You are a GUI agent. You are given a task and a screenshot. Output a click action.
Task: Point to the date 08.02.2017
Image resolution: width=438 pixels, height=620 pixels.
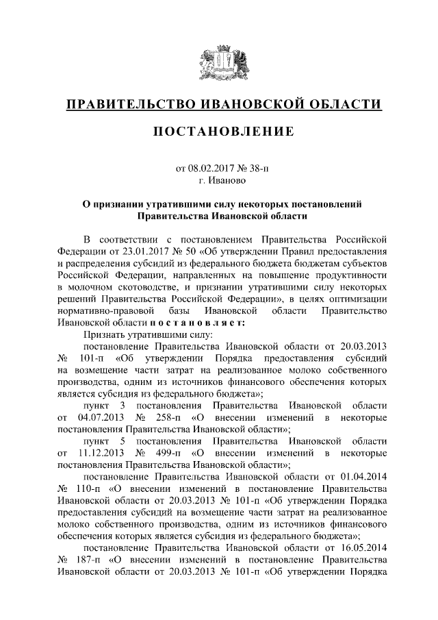(x=211, y=169)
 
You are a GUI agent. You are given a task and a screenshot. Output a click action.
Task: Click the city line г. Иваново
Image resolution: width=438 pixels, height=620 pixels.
(x=219, y=181)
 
